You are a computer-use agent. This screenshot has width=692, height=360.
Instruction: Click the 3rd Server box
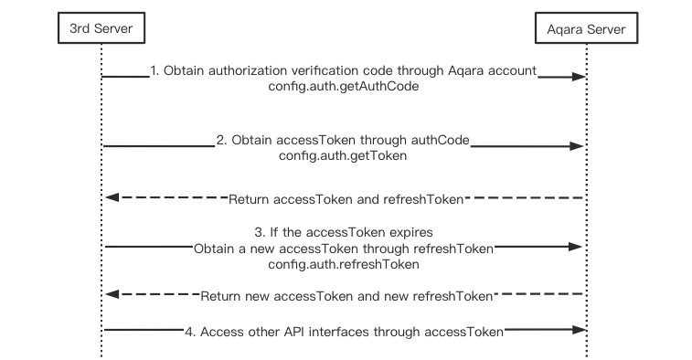point(101,29)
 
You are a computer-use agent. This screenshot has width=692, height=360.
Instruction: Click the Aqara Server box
point(586,29)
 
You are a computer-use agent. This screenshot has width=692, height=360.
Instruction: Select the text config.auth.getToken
point(343,156)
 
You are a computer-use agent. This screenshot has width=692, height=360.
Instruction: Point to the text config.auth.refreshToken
point(344,264)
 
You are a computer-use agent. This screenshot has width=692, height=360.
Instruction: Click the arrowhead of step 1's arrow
point(578,78)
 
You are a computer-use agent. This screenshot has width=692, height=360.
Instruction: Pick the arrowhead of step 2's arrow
point(577,146)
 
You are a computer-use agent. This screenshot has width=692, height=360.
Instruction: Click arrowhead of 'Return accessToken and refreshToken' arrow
point(111,197)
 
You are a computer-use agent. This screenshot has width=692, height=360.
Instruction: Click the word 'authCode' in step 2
point(442,140)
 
